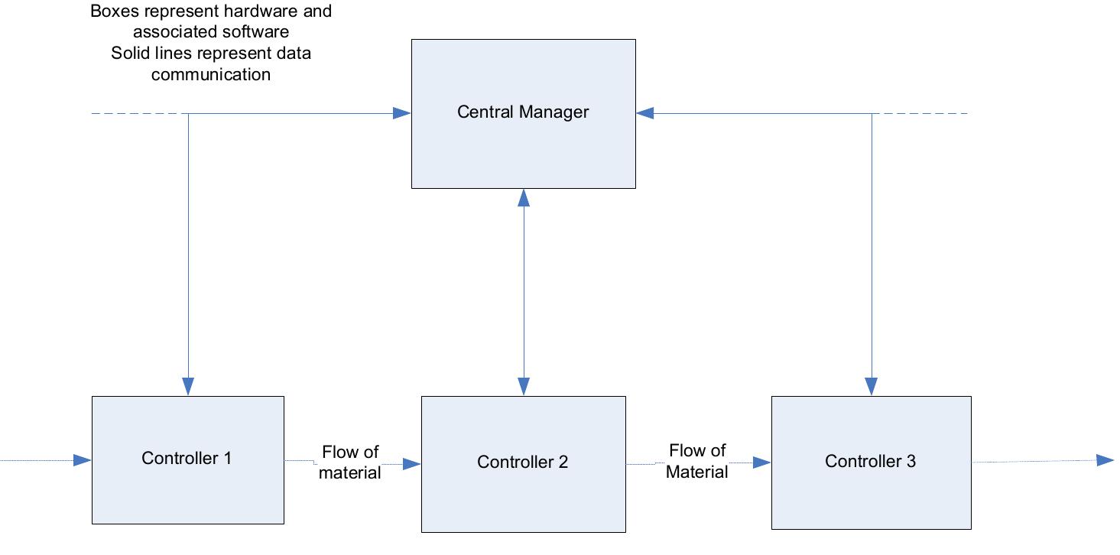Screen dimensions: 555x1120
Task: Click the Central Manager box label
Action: (523, 112)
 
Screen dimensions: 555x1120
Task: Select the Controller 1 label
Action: (187, 458)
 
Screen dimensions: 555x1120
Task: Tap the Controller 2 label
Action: (522, 462)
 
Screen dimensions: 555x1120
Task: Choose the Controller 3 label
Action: (870, 461)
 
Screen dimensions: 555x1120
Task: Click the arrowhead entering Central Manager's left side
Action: (402, 113)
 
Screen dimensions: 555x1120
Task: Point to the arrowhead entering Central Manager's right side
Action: (645, 113)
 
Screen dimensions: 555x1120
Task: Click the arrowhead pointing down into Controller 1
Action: (188, 387)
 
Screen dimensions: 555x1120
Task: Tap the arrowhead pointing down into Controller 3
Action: (872, 387)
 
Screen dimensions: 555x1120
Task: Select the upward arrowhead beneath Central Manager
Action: (524, 198)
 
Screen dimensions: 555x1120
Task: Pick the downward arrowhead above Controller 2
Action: (524, 387)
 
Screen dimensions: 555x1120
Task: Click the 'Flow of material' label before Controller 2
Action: (350, 462)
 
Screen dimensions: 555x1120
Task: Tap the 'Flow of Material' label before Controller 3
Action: (696, 461)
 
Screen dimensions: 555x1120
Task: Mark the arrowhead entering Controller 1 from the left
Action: (83, 460)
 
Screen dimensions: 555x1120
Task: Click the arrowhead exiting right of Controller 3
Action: (1105, 459)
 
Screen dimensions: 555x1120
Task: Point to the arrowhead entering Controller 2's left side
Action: (412, 463)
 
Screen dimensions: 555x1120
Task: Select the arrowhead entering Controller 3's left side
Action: (761, 462)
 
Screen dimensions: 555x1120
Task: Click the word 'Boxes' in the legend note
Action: (112, 12)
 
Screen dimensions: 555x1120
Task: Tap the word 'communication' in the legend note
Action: (211, 75)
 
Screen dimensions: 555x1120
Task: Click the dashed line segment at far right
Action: (920, 113)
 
